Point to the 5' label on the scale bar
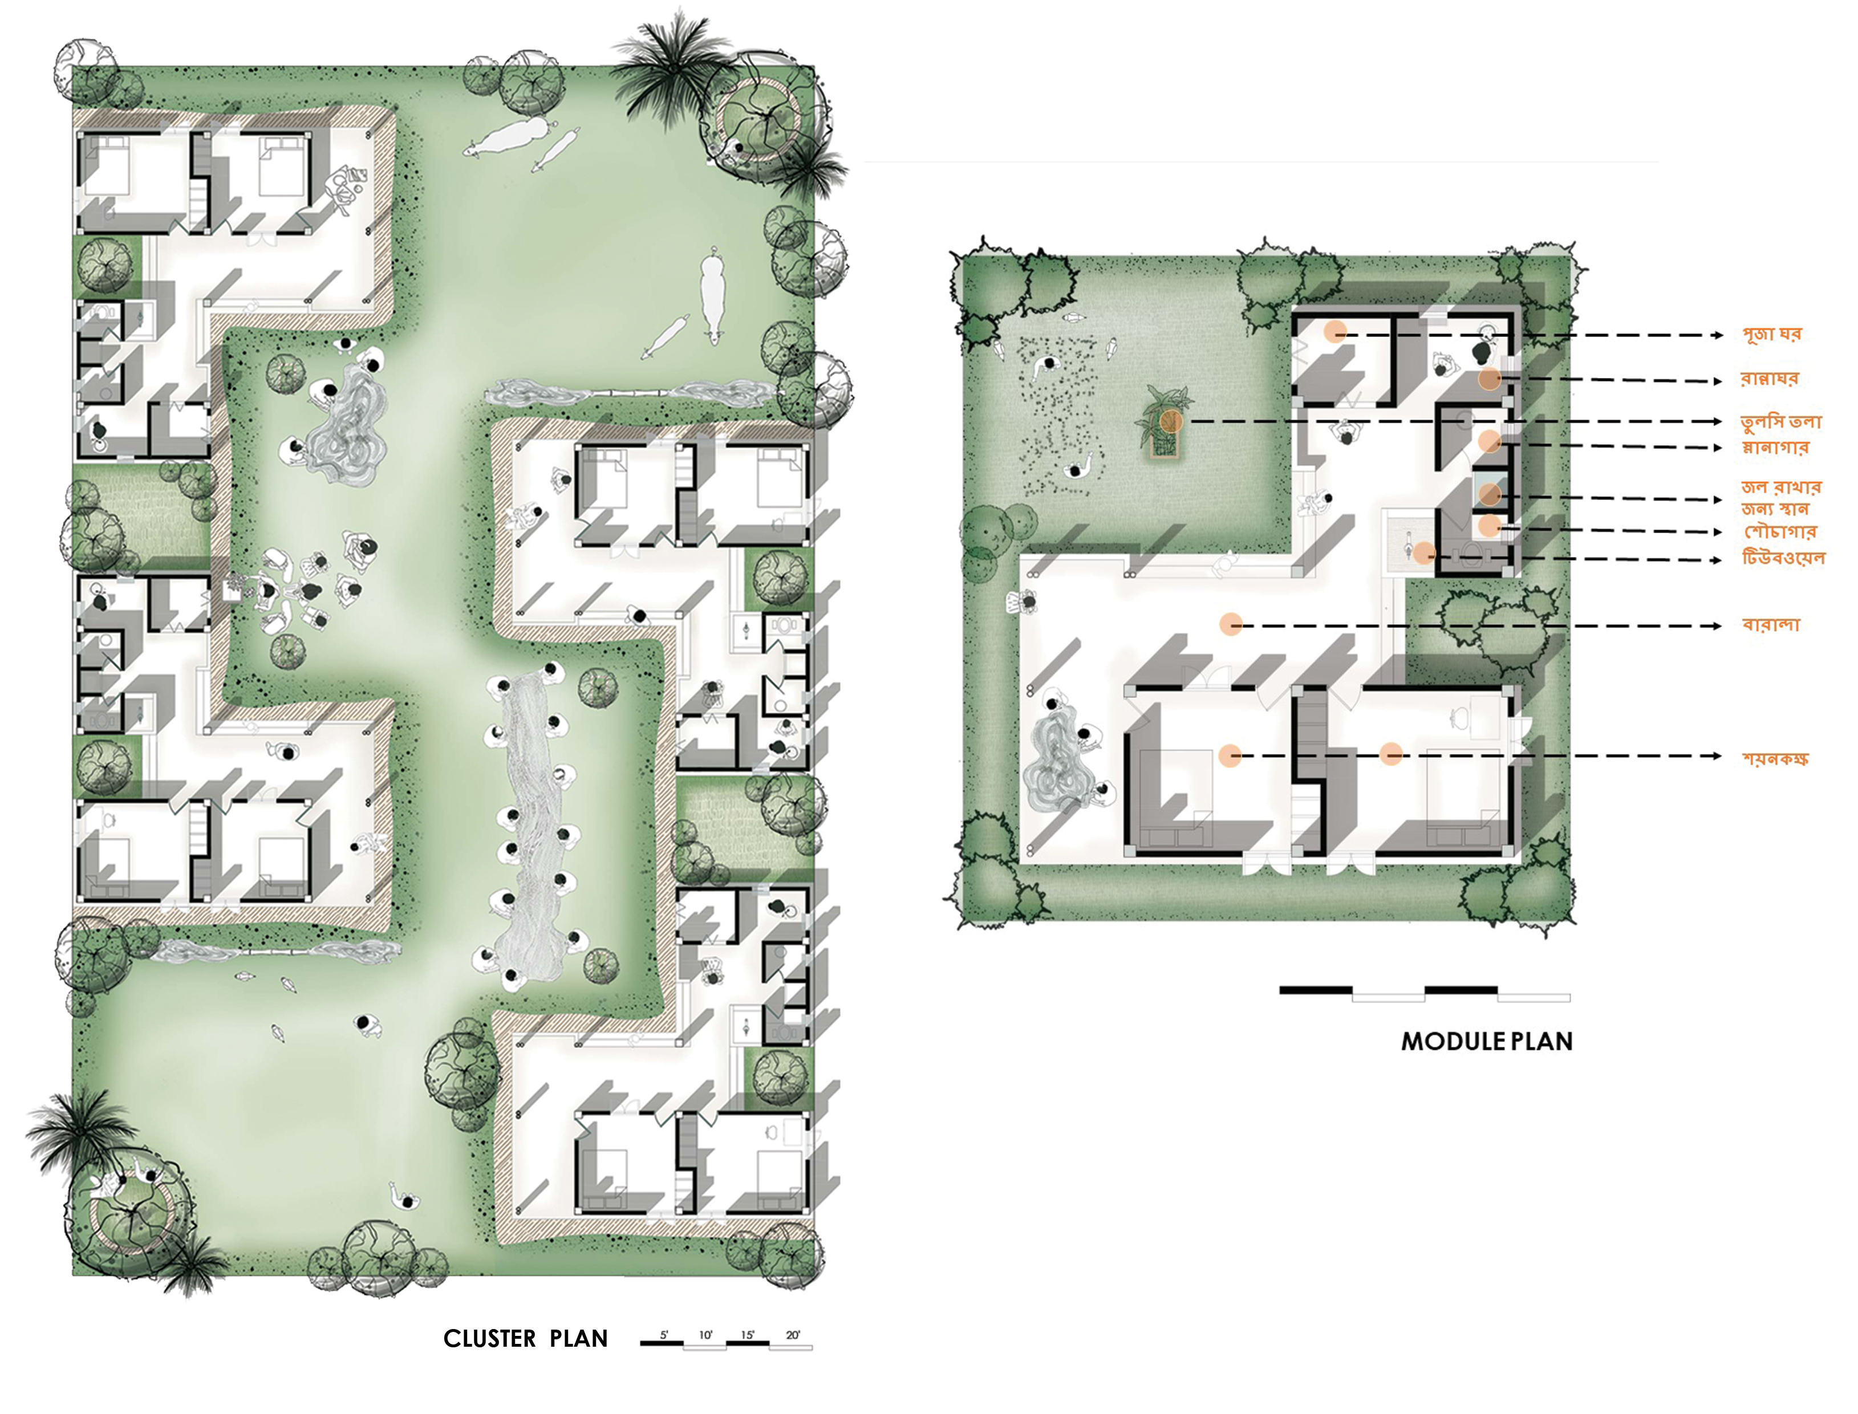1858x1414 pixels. click(664, 1335)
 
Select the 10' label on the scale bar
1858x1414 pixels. click(705, 1335)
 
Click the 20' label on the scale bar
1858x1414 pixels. click(793, 1335)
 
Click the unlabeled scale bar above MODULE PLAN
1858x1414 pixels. click(1425, 993)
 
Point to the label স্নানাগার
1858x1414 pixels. click(1775, 447)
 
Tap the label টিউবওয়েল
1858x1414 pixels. click(1784, 558)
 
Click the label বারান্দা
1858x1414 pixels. click(1771, 624)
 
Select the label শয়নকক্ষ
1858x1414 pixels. click(1775, 758)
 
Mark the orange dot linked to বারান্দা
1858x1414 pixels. click(1231, 624)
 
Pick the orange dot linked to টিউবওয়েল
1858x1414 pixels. click(1425, 554)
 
